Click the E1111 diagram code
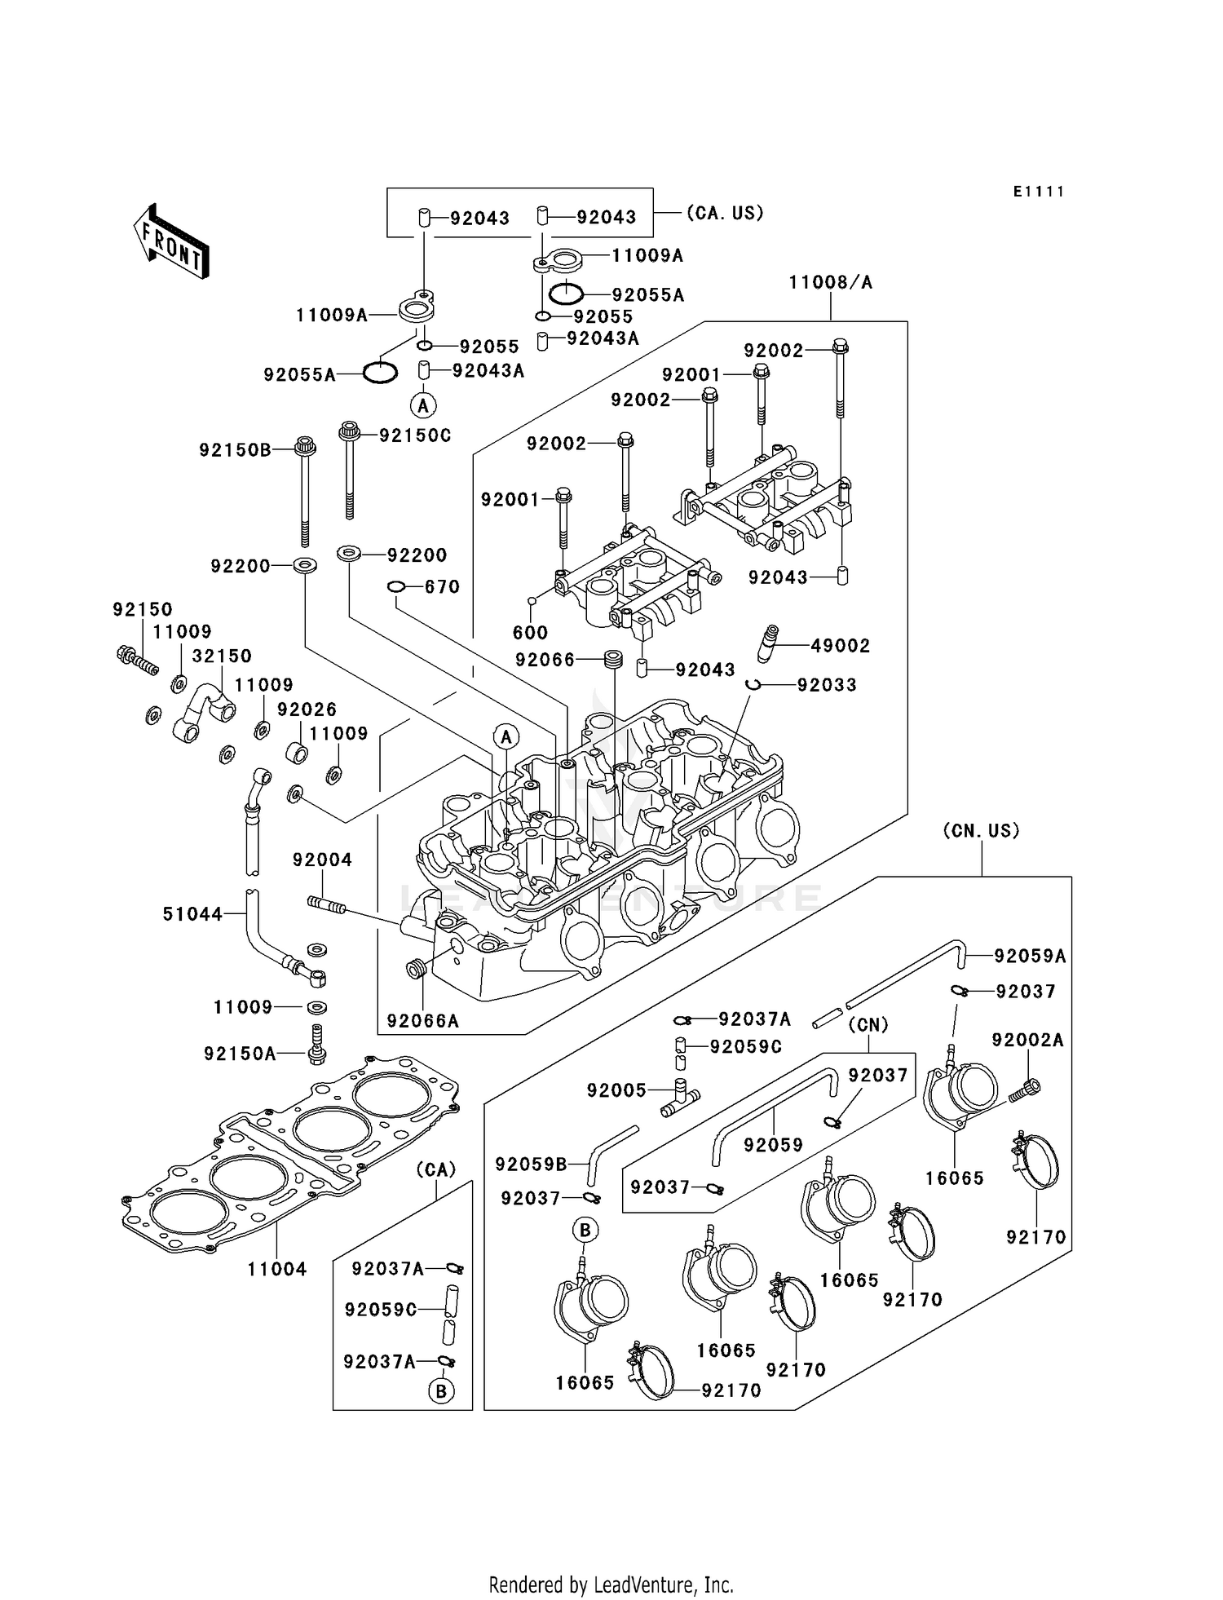tap(1039, 192)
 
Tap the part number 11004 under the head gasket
tap(277, 1269)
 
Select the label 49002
tap(840, 646)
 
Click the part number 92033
tap(827, 685)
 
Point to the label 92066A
tap(422, 1021)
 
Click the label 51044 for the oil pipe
tap(192, 914)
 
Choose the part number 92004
tap(322, 860)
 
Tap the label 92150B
tap(235, 449)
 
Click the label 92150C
tap(415, 435)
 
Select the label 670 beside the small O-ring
tap(442, 587)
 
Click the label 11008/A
tap(830, 282)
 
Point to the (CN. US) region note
tap(981, 831)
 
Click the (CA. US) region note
tap(725, 213)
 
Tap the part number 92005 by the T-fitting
tap(616, 1090)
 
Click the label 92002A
tap(1027, 1040)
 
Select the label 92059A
tap(1029, 957)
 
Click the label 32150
tap(222, 656)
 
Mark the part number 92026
tap(307, 709)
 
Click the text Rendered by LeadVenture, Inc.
tap(611, 1585)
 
